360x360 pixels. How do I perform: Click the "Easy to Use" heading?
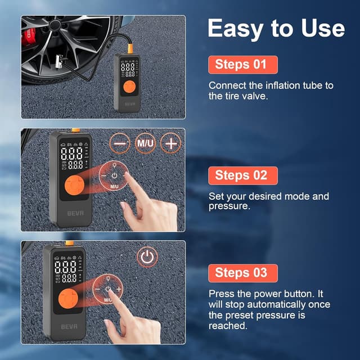(276, 28)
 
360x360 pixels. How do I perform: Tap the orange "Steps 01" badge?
(242, 65)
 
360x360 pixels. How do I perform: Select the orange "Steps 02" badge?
(242, 175)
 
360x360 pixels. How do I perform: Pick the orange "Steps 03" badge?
(242, 273)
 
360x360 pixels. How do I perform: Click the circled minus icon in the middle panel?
(119, 143)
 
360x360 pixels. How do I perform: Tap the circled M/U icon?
(145, 143)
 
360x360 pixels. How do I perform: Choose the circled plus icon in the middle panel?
(171, 143)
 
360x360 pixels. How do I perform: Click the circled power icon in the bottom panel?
(147, 258)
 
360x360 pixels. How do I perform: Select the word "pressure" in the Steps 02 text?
(230, 206)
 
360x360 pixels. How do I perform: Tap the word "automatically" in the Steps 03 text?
(272, 304)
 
